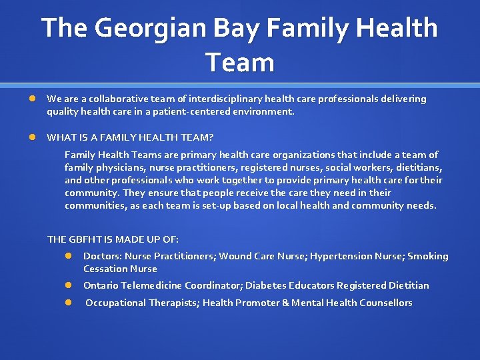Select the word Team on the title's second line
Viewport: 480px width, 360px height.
pos(240,63)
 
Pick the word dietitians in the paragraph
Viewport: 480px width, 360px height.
pos(418,167)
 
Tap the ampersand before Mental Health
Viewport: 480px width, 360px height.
pos(285,303)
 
